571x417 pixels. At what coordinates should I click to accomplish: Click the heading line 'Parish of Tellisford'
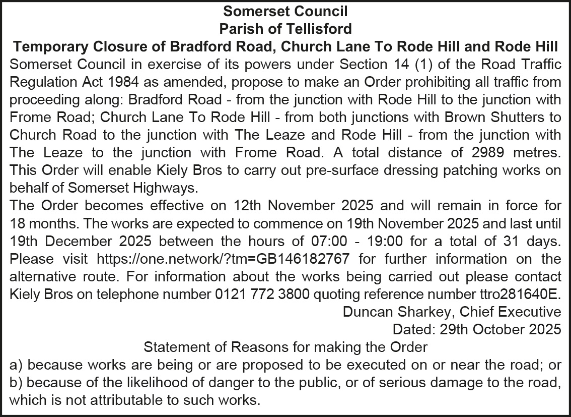(285, 28)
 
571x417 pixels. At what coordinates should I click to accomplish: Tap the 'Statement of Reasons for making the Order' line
(285, 347)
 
